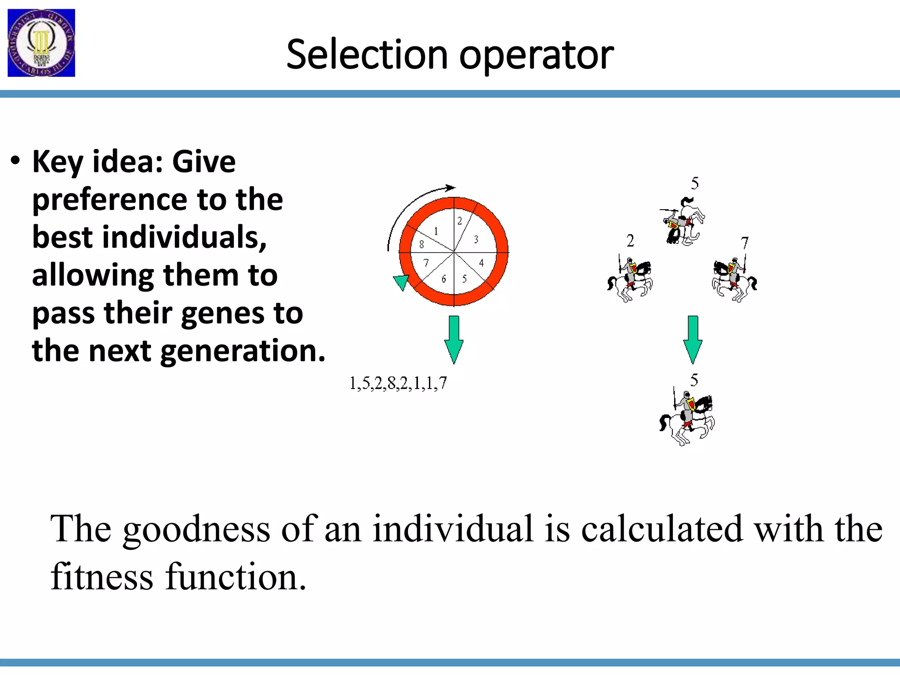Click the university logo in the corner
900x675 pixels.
coord(41,43)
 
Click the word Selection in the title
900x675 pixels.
coord(367,55)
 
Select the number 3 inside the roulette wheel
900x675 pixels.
coord(476,240)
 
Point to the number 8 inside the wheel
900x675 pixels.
coord(421,245)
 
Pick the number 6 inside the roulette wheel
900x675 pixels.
coord(444,279)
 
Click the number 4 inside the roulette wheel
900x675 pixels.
coord(482,263)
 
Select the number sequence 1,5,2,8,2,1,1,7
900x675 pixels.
coord(398,383)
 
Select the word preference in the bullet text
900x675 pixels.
coord(109,200)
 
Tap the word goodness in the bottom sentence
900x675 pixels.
coord(196,529)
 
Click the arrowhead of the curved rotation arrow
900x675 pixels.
coord(451,188)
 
